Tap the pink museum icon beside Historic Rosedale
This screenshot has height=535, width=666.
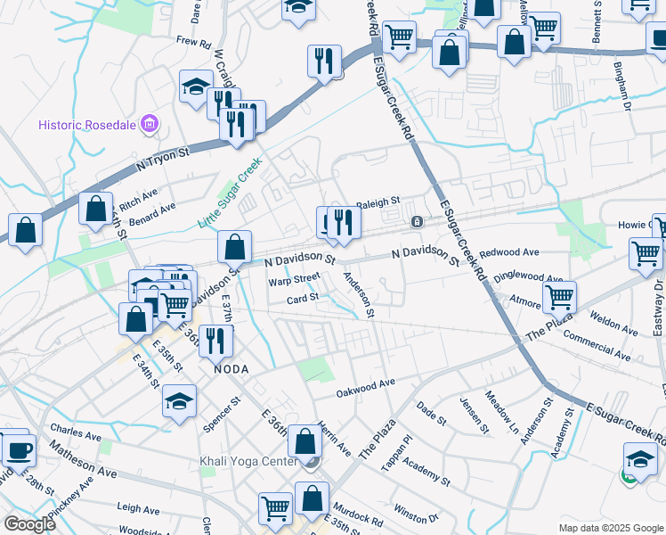(x=150, y=124)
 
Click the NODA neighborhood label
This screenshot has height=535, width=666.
(x=230, y=368)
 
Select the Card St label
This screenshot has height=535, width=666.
(x=302, y=298)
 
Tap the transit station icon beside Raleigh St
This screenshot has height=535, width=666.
(x=416, y=221)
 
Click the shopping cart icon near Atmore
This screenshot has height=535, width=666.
(x=559, y=296)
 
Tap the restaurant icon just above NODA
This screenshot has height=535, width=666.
(x=215, y=339)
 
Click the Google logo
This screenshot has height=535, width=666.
(x=29, y=524)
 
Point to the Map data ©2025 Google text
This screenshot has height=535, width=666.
(x=610, y=528)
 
